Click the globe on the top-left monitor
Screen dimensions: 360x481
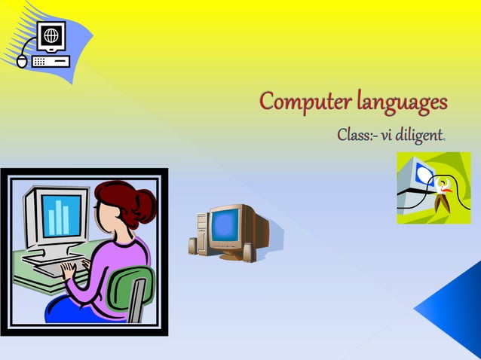(51, 35)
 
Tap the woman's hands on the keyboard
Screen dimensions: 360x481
(71, 267)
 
